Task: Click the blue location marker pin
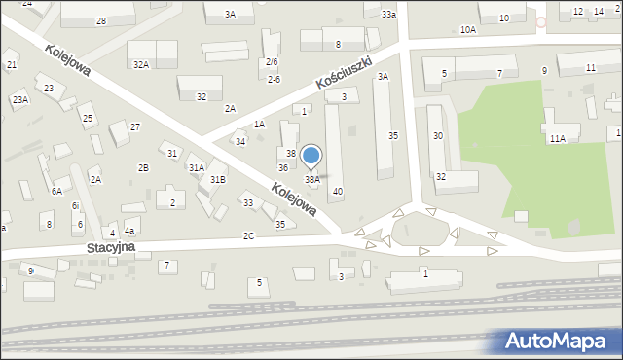(x=311, y=156)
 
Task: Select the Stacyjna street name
(x=109, y=248)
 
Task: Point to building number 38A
(x=312, y=179)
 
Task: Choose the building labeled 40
(x=337, y=191)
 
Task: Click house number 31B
(x=218, y=179)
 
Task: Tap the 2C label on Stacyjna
(x=248, y=235)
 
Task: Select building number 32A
(x=141, y=64)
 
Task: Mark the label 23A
(x=20, y=99)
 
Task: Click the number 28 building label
(x=100, y=20)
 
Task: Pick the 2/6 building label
(x=273, y=61)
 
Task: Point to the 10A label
(x=468, y=30)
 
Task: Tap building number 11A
(x=556, y=139)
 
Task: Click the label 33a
(x=388, y=14)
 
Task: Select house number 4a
(x=128, y=231)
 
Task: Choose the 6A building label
(x=56, y=191)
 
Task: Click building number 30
(x=438, y=135)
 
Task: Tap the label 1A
(x=259, y=124)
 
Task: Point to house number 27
(x=135, y=126)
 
